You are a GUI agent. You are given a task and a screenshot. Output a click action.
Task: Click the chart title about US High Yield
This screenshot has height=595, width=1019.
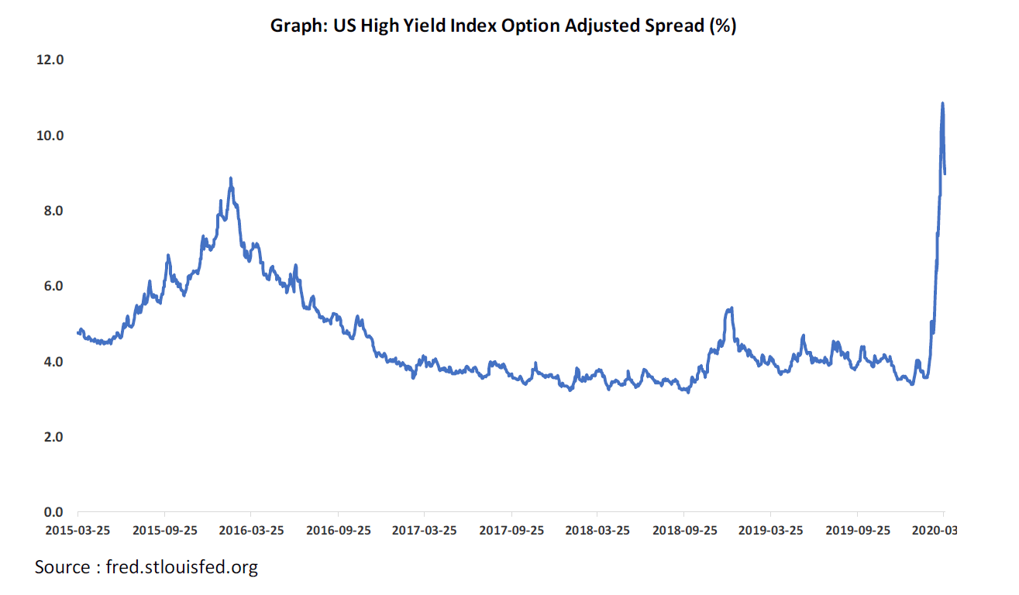coord(502,26)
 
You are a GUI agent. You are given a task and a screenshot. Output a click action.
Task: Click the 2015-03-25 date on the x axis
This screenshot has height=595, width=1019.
coord(78,531)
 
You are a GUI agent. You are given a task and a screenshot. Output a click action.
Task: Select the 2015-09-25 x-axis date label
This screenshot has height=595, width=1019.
coord(165,531)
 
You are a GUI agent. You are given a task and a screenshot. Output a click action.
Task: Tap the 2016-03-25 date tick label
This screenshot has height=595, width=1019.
coord(251,531)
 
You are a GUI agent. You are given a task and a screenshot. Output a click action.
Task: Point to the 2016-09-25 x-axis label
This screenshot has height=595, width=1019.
coord(338,531)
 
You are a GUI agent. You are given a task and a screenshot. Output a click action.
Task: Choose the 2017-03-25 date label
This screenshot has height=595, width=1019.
coord(424,531)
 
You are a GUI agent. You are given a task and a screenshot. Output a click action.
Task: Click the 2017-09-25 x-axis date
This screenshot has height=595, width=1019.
coord(511,531)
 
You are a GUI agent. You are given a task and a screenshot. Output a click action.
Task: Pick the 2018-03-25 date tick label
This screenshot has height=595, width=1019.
coord(597,531)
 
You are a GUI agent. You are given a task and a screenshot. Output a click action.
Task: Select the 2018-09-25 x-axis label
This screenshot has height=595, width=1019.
coord(683,531)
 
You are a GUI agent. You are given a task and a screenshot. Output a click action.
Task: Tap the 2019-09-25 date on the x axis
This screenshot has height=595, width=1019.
coord(856,531)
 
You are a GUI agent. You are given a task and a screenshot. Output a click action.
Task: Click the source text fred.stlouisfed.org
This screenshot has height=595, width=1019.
coord(146,567)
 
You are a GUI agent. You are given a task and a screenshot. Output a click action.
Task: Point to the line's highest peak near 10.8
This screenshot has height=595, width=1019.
coord(942,103)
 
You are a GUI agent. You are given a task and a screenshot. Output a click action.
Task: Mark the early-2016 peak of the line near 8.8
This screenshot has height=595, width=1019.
coord(231,178)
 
